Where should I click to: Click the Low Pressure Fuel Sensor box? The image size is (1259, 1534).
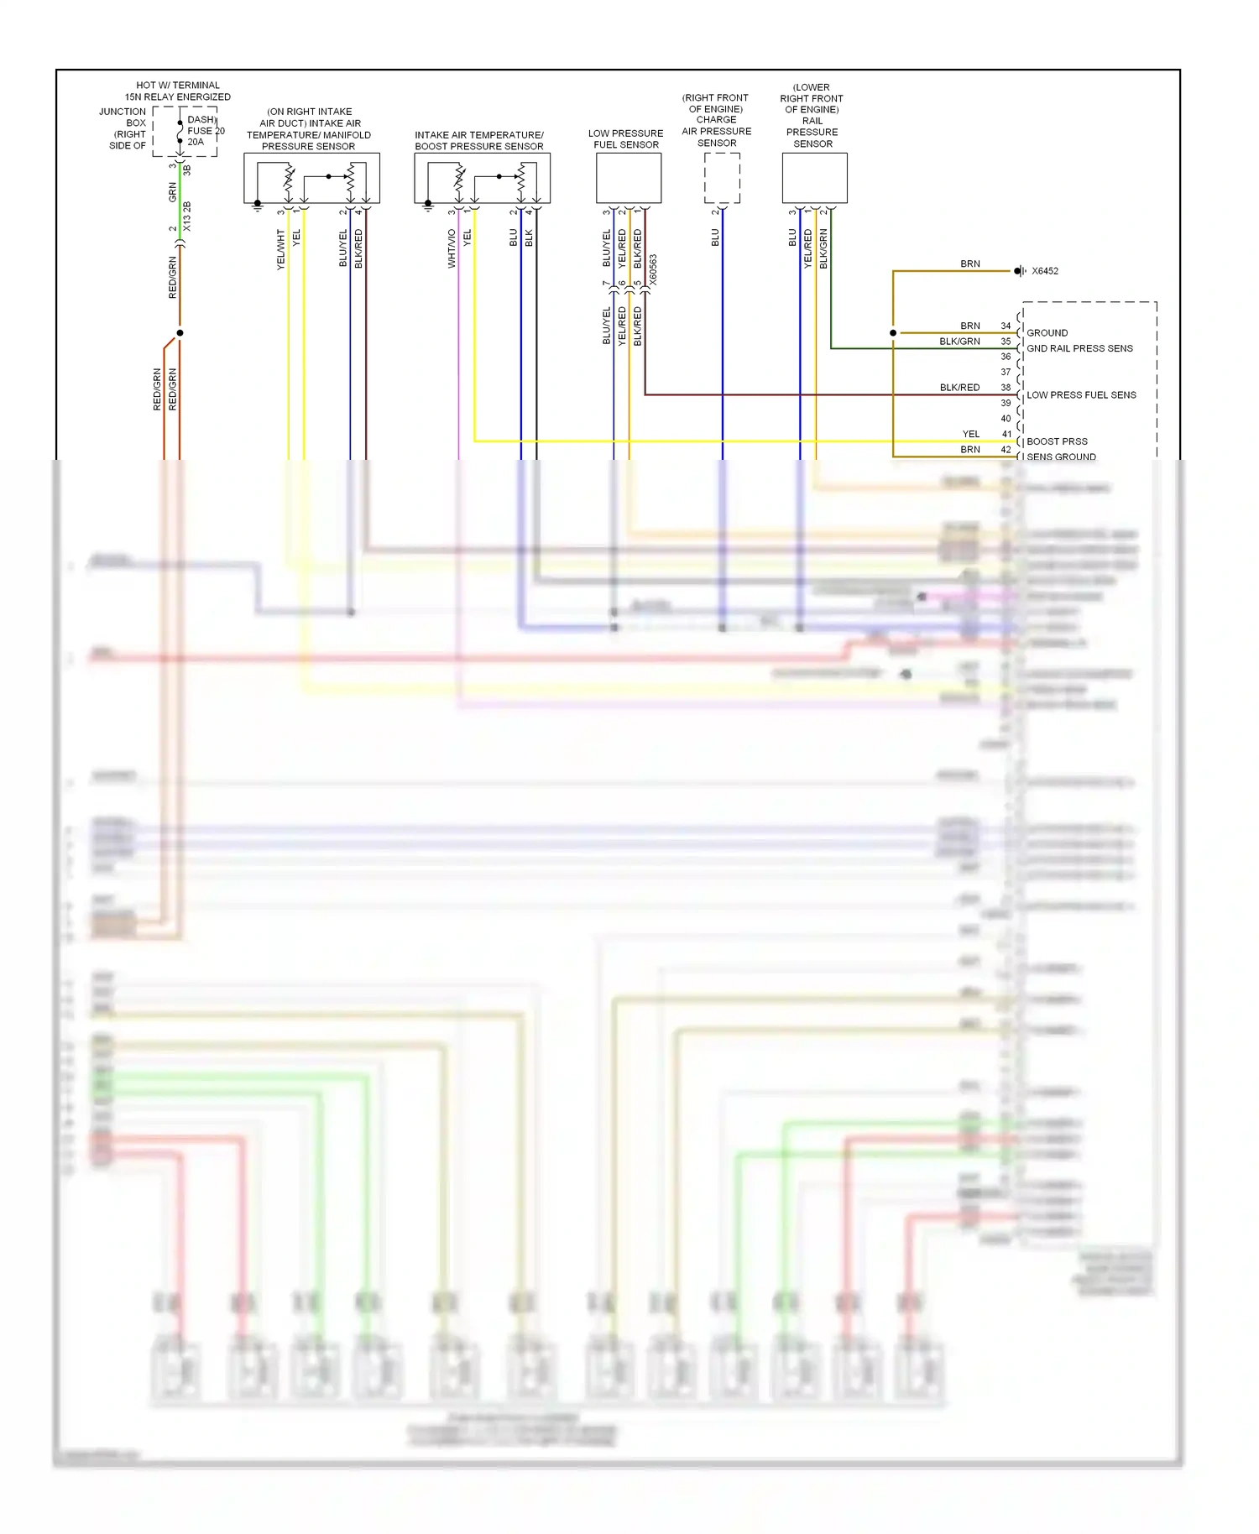click(x=629, y=178)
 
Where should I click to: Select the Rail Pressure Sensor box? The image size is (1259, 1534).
click(x=814, y=178)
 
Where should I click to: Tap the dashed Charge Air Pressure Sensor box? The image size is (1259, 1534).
click(x=722, y=178)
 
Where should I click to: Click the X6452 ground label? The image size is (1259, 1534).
click(x=1044, y=271)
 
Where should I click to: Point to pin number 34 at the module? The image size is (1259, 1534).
click(x=1006, y=326)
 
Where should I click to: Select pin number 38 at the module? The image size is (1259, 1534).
click(x=1006, y=388)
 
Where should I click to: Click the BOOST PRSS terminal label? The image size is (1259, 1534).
click(x=1057, y=441)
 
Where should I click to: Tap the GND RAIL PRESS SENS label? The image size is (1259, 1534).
click(x=1079, y=348)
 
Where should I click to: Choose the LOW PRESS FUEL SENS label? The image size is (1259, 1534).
click(x=1081, y=394)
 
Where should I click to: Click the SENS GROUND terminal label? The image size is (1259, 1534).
click(x=1061, y=457)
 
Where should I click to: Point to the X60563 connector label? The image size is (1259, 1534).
click(x=653, y=270)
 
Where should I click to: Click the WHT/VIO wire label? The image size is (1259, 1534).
click(x=452, y=248)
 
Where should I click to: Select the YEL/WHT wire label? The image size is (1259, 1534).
click(x=281, y=249)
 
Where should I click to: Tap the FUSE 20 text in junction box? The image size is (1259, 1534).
click(x=206, y=131)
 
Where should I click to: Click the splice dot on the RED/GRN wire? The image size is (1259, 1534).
click(x=180, y=333)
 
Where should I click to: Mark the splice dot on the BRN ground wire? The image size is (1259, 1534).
click(x=893, y=333)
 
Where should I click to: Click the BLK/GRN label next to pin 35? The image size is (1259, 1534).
click(x=959, y=342)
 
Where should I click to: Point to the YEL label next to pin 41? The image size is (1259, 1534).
click(x=970, y=434)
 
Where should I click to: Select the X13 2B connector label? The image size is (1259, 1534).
click(x=187, y=217)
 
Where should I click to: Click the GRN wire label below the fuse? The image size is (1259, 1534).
click(x=173, y=192)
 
